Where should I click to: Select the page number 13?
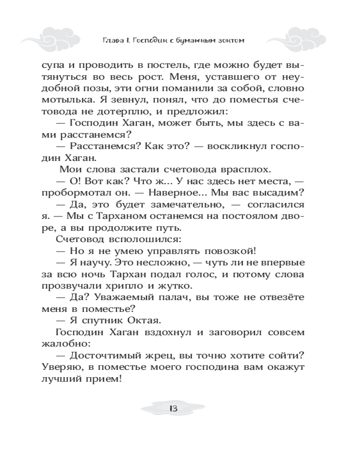(x=172, y=409)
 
